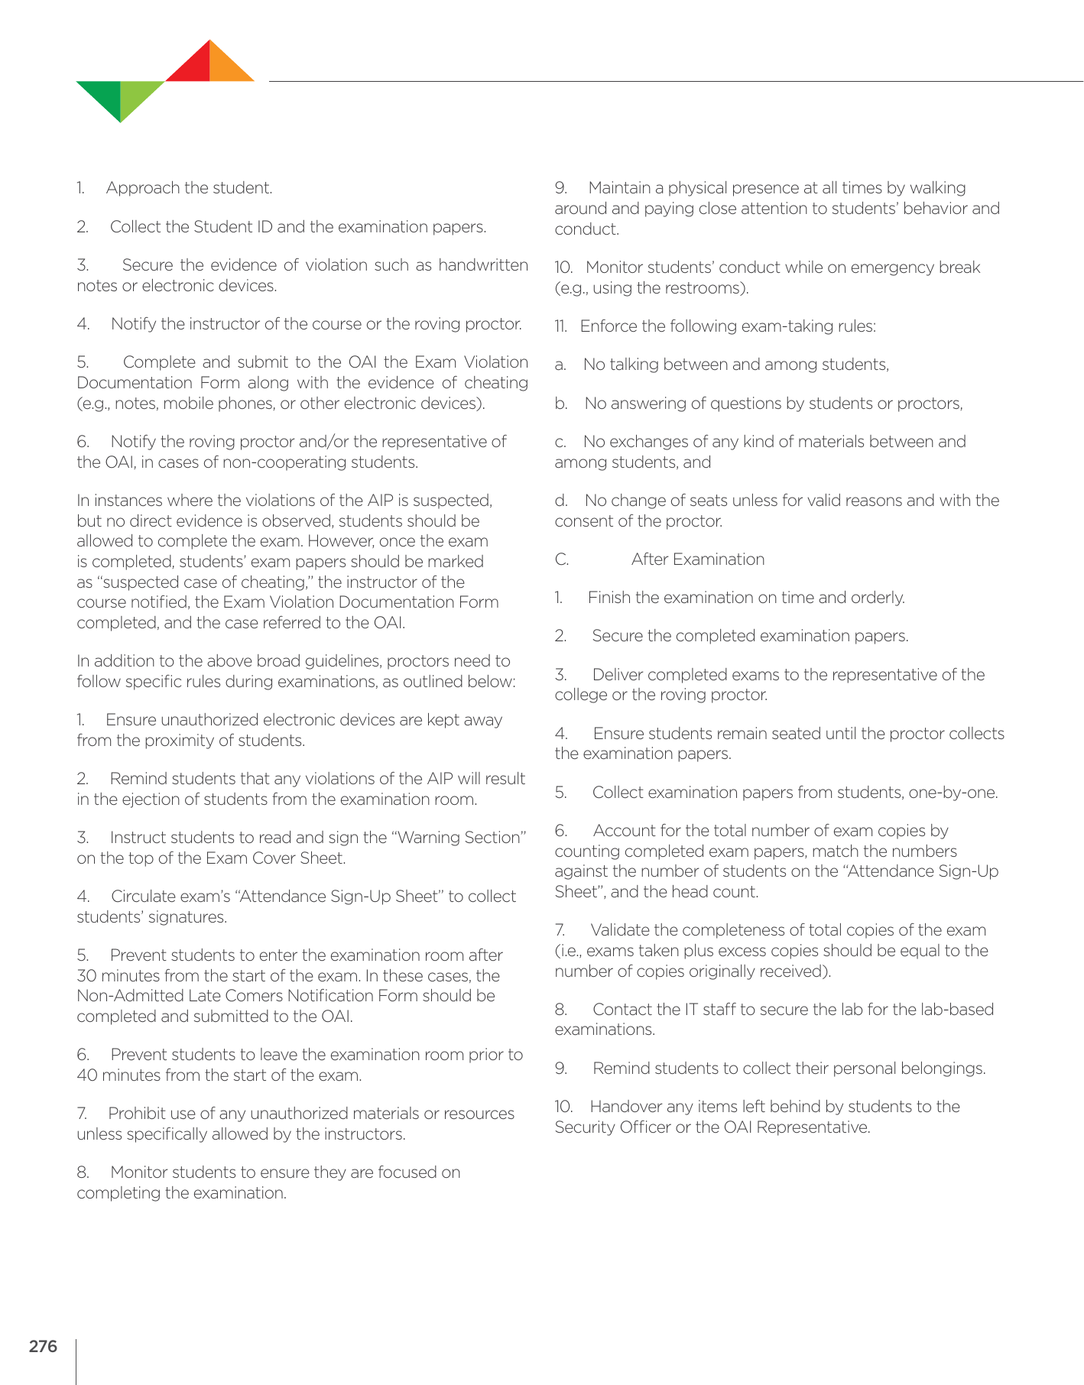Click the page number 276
click(x=43, y=1346)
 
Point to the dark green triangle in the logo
click(x=104, y=95)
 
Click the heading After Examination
click(x=697, y=560)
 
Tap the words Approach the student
click(x=189, y=188)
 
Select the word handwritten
click(x=483, y=265)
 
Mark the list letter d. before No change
click(x=561, y=501)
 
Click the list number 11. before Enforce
click(x=560, y=326)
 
